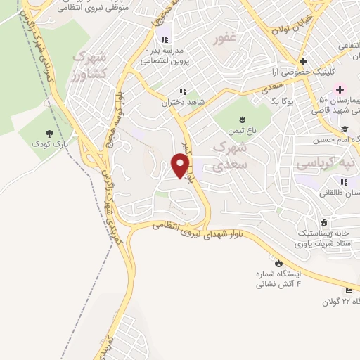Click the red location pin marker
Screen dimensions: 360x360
pos(181,165)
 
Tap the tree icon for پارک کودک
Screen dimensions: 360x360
pos(49,133)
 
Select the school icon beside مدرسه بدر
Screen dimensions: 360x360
pos(164,39)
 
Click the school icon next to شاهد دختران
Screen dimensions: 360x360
pos(182,91)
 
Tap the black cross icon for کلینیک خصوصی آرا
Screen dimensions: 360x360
pos(303,61)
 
